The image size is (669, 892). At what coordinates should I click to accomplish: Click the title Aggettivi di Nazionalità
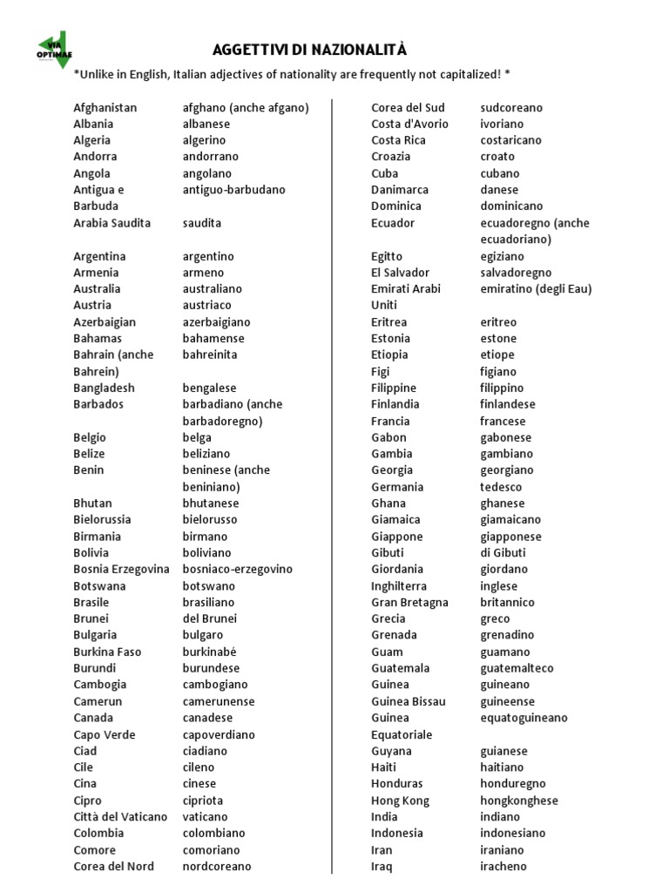point(310,50)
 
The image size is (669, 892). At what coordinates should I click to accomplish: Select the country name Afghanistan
point(105,108)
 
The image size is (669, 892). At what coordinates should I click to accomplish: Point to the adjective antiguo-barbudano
point(233,189)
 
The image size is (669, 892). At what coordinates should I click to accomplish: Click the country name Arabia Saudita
point(111,223)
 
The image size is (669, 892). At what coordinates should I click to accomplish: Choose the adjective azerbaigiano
point(216,321)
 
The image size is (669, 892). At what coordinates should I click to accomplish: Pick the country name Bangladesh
point(105,388)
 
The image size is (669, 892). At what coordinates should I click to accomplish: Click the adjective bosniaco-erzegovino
point(237,569)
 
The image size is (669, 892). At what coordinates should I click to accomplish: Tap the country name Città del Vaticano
point(120,816)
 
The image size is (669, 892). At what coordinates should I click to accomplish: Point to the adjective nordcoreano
point(217,866)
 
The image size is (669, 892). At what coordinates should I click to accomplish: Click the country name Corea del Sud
point(408,108)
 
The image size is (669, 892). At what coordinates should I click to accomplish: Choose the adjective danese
point(499,189)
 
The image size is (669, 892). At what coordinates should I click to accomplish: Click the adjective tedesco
point(501,487)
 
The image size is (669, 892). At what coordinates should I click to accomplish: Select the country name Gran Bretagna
point(409,602)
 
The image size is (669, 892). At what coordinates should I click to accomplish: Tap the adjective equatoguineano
point(524,718)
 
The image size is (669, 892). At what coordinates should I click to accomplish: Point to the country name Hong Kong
point(400,801)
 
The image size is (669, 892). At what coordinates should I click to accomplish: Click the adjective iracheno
point(503,866)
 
